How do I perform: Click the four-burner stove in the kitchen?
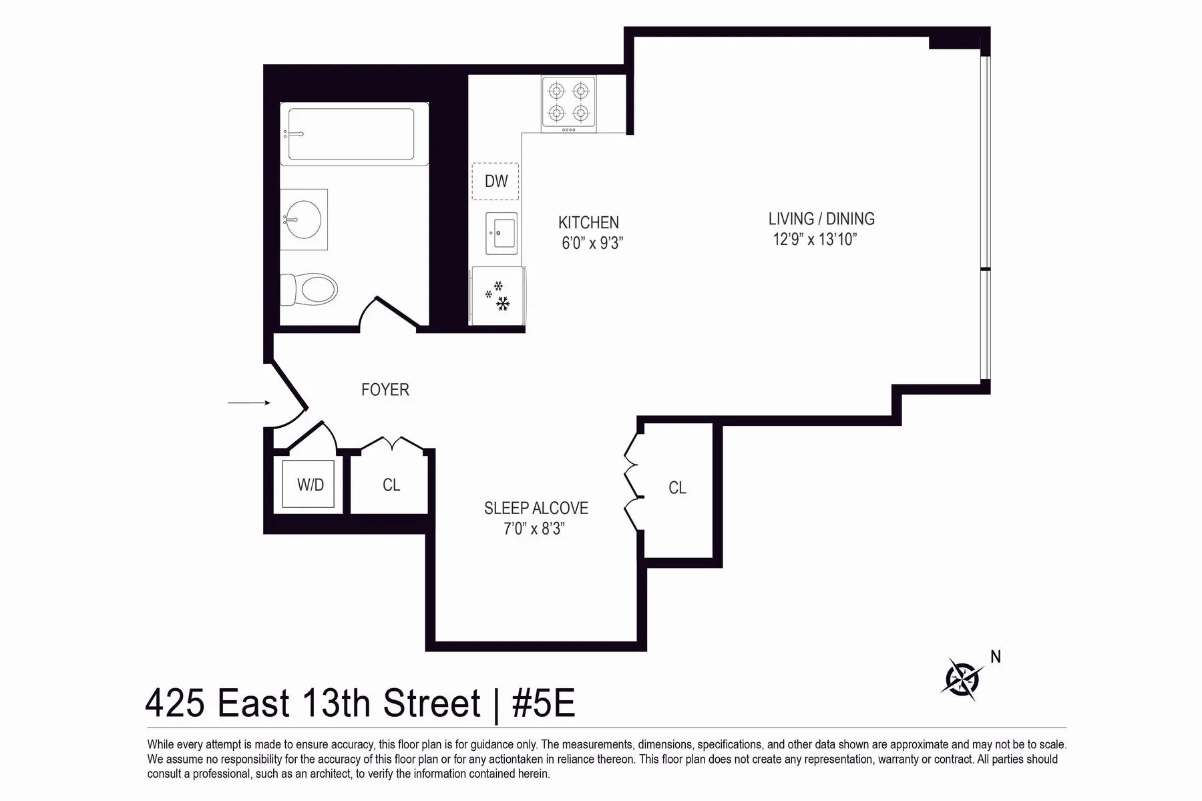(x=568, y=103)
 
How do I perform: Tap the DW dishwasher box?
(x=495, y=181)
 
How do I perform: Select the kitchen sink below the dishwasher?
(x=501, y=234)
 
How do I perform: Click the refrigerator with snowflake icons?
(x=498, y=296)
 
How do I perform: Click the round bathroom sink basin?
(x=304, y=219)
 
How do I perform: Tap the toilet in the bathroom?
(x=311, y=290)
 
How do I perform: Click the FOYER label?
(x=385, y=390)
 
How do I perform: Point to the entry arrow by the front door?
(x=248, y=403)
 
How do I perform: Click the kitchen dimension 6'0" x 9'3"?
(x=592, y=243)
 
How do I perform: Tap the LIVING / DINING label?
(x=821, y=219)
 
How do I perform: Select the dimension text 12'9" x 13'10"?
(x=815, y=240)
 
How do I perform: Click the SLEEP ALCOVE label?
(x=536, y=508)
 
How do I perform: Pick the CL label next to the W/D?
(x=391, y=485)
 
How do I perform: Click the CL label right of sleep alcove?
(x=677, y=488)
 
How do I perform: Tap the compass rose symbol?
(x=962, y=680)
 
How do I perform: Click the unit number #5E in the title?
(x=543, y=703)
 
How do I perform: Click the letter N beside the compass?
(x=995, y=657)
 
